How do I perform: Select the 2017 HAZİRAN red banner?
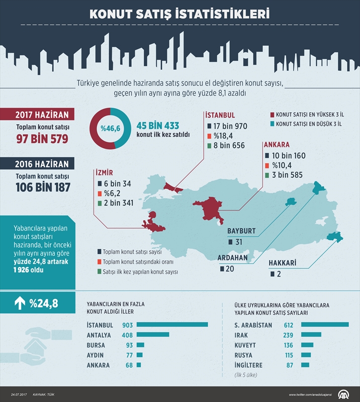pos(38,114)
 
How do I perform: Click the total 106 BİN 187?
pos(42,187)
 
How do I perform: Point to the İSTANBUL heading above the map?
pos(220,115)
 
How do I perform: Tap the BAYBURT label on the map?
pos(241,231)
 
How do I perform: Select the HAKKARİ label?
pos(282,263)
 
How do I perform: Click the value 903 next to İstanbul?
pos(127,325)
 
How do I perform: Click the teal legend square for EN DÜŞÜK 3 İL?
pos(272,123)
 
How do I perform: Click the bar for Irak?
pos(311,335)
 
